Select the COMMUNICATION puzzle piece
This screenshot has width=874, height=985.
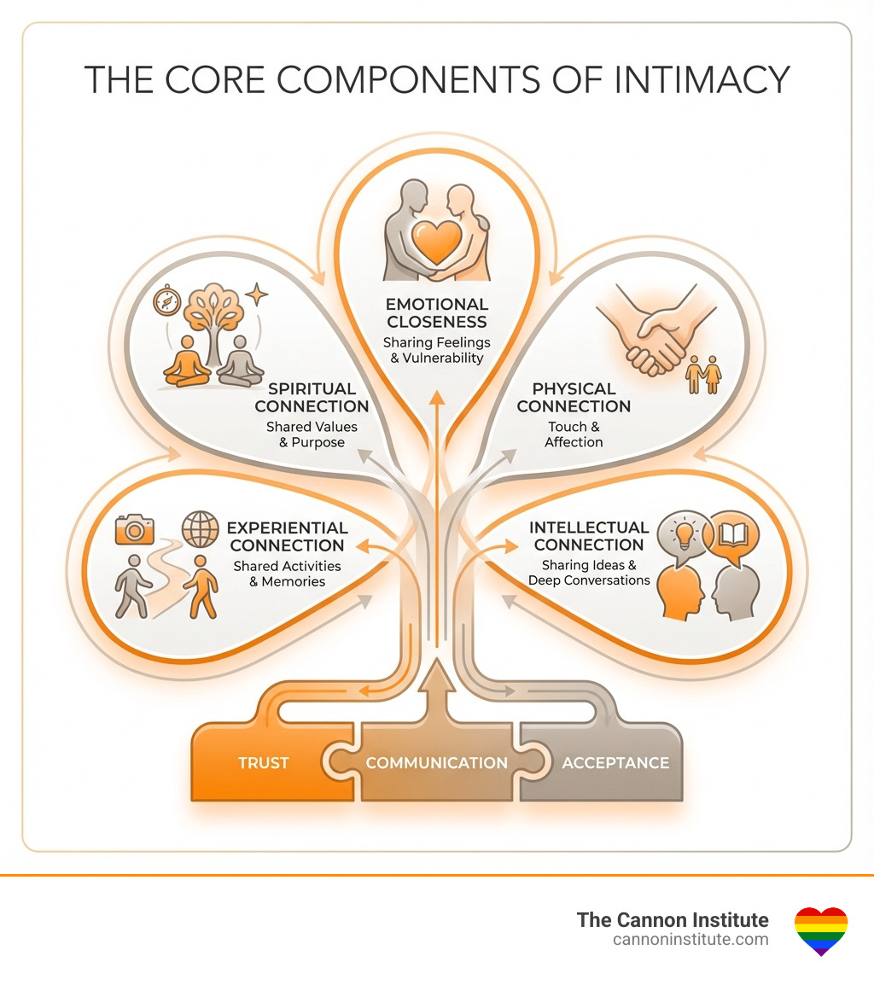(436, 762)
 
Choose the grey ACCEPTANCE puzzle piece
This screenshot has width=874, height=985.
(615, 762)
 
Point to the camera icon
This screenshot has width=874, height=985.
(135, 529)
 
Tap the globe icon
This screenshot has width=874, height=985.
(200, 529)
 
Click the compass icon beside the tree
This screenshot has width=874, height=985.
(166, 300)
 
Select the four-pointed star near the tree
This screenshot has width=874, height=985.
(255, 295)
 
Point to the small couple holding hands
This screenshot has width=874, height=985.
(705, 374)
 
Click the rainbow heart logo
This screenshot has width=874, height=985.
(820, 930)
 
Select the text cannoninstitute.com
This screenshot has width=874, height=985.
(690, 939)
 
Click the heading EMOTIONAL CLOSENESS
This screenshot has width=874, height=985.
(436, 313)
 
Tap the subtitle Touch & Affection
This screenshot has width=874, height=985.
(574, 434)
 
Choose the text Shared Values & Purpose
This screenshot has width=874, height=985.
(312, 434)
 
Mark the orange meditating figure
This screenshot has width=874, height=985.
(188, 361)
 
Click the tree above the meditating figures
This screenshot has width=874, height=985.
(213, 312)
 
